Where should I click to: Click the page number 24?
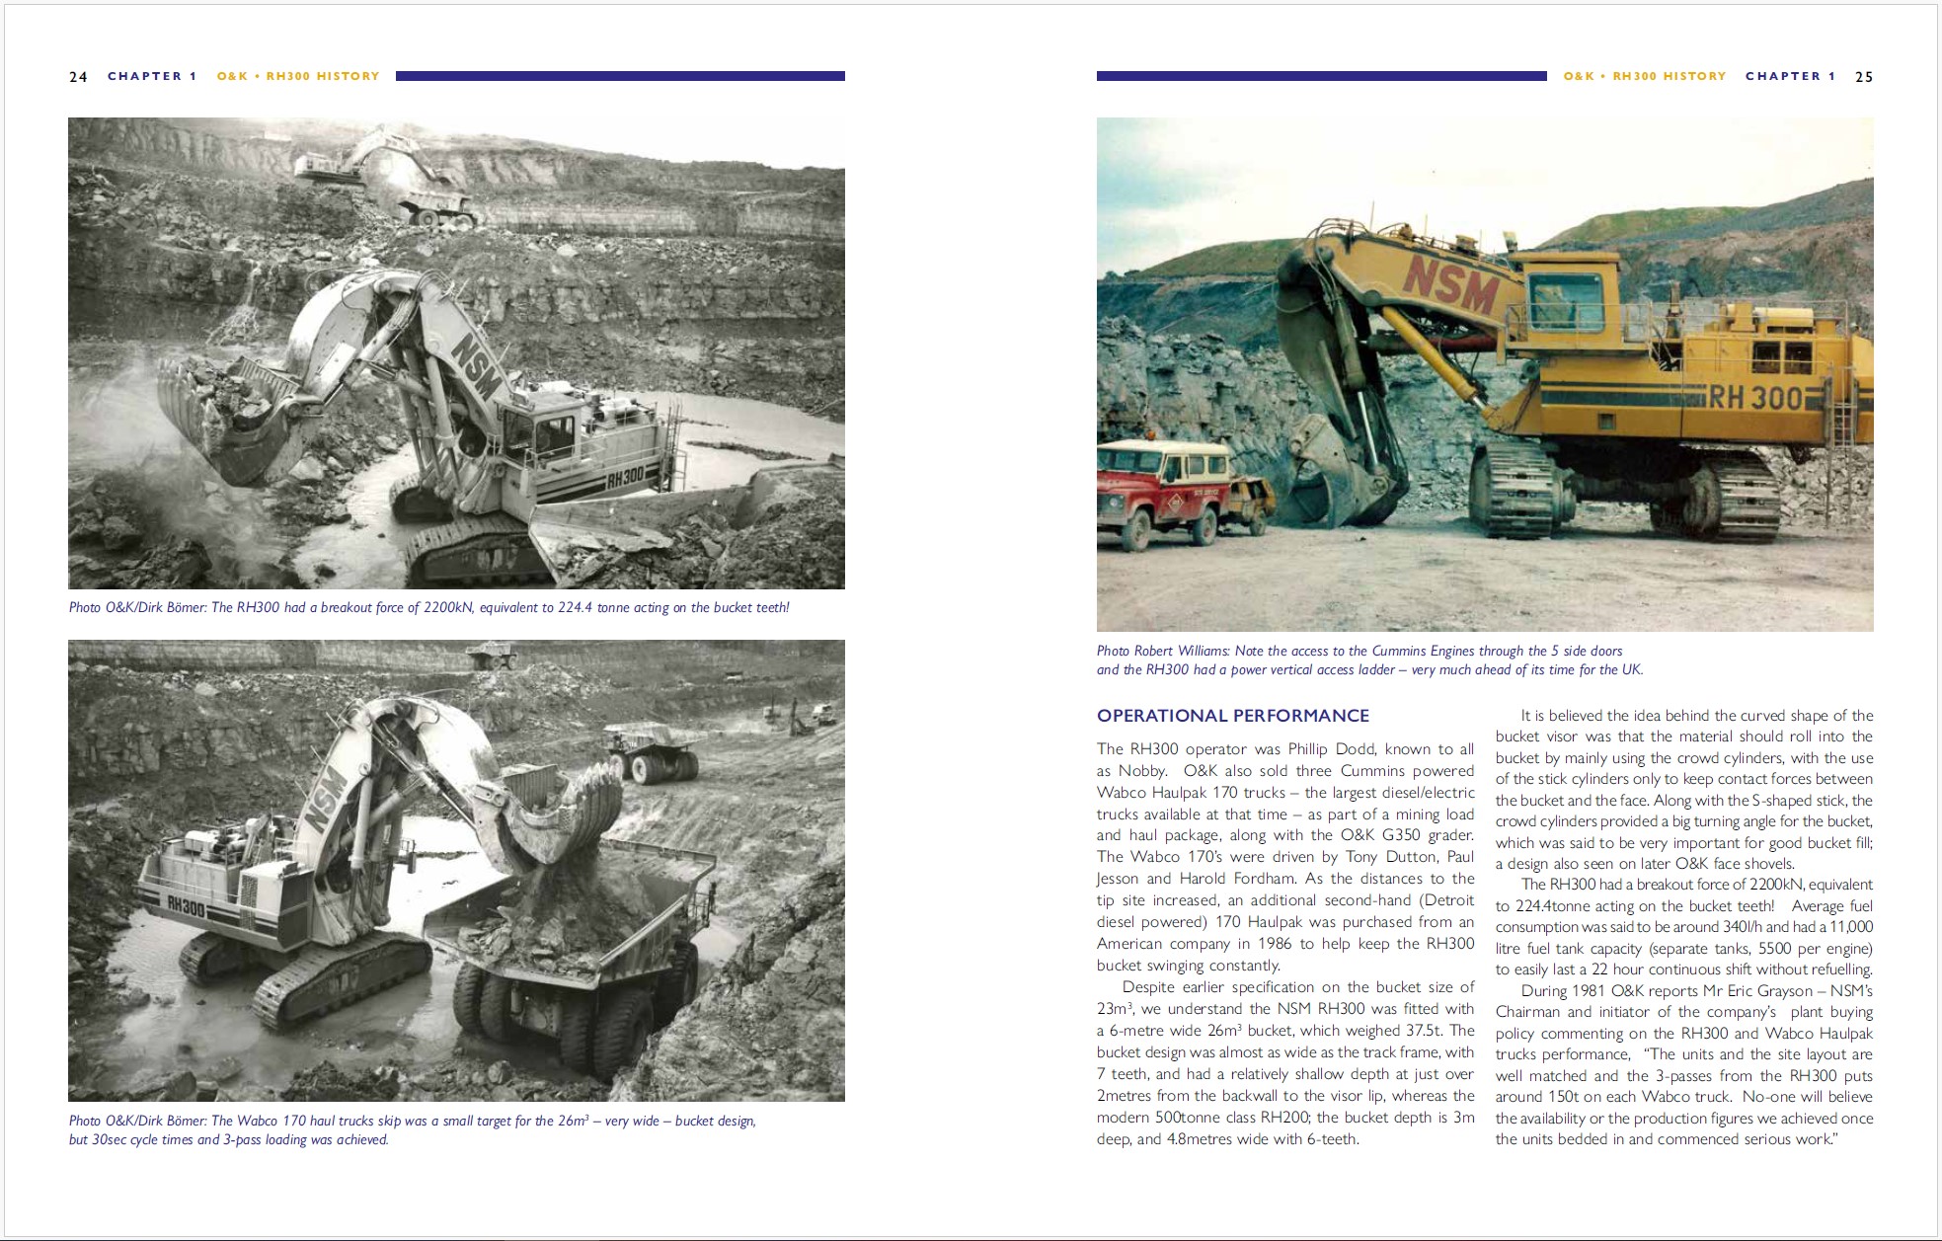click(x=78, y=77)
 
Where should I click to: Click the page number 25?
click(x=1863, y=77)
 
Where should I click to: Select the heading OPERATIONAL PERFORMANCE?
click(x=1232, y=716)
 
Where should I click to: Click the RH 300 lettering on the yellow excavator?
click(x=1754, y=397)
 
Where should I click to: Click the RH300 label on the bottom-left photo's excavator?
click(x=186, y=903)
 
